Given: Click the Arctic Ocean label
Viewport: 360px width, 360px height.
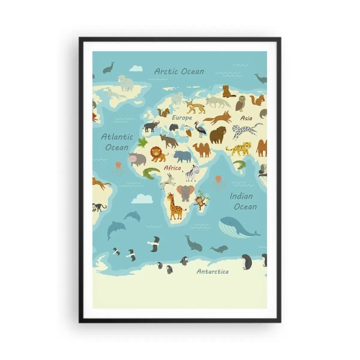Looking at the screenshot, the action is pos(179,71).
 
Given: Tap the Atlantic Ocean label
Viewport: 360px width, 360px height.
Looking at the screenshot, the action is pos(117,141).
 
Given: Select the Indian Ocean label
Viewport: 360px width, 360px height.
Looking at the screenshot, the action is pos(243,201).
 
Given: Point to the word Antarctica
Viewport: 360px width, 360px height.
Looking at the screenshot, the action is pos(212,271).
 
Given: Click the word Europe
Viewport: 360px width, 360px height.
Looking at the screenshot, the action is pos(181,117).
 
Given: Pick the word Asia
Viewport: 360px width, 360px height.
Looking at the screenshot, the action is pos(246,117).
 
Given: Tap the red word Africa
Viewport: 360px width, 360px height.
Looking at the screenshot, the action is pos(173,168).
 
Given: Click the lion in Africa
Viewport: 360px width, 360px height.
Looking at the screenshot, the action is pos(158,154).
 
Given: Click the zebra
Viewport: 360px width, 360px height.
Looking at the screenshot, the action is pos(191,173).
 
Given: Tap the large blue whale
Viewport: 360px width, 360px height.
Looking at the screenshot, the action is pos(238,227).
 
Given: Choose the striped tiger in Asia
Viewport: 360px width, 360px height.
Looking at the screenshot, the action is pos(238,149).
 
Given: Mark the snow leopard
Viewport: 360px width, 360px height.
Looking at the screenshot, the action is pos(246,131).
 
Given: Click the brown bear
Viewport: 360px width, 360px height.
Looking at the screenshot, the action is pos(217,135).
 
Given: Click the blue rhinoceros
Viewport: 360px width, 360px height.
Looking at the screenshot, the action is pos(183,156).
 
